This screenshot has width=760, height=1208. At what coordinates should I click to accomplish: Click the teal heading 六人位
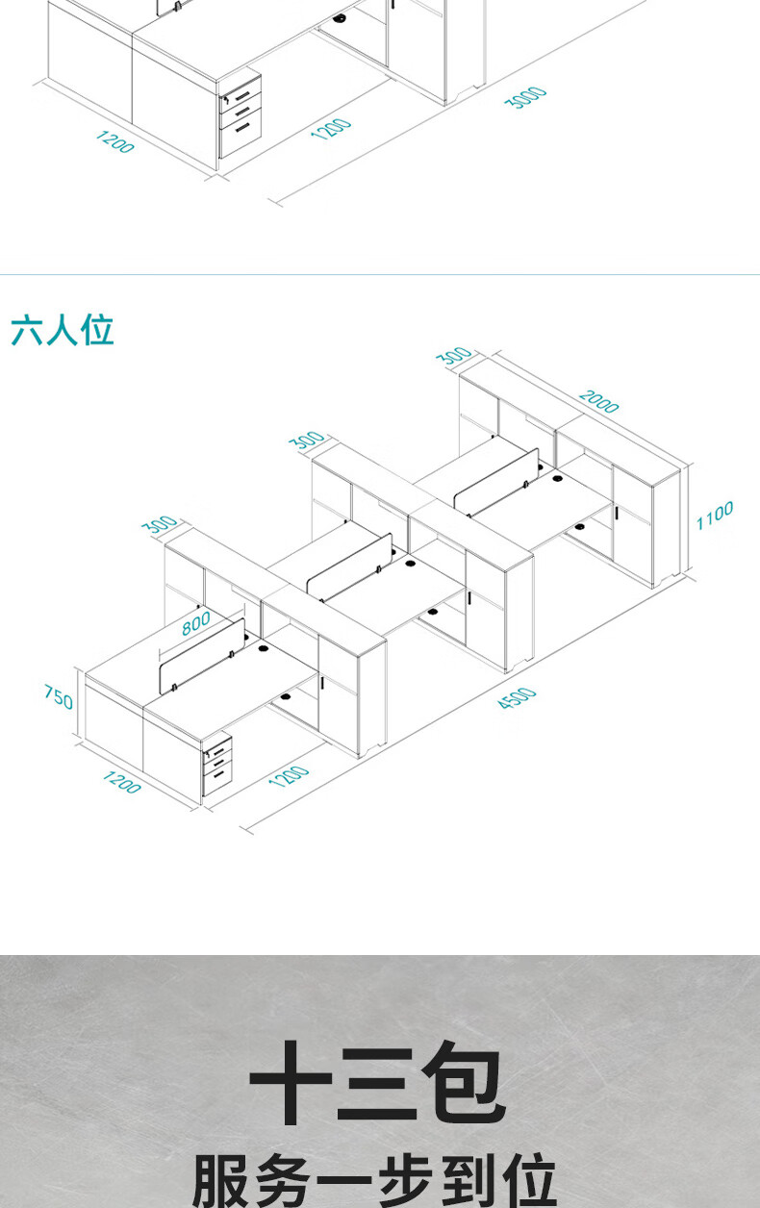click(63, 330)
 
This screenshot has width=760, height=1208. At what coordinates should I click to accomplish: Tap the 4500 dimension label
click(517, 699)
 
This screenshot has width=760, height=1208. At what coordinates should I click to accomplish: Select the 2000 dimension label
click(598, 401)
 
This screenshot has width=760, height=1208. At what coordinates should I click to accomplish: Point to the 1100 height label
click(715, 516)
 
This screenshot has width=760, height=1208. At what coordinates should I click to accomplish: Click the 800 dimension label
click(195, 623)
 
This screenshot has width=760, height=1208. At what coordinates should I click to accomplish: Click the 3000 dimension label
click(526, 97)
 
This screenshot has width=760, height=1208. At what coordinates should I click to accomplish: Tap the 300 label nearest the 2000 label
click(454, 356)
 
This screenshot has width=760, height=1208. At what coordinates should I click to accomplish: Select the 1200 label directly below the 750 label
click(121, 783)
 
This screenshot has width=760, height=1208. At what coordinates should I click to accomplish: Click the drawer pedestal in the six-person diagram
click(218, 766)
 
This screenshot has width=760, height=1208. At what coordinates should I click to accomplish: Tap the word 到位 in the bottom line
click(499, 1182)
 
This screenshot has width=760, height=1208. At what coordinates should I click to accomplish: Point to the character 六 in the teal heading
click(27, 330)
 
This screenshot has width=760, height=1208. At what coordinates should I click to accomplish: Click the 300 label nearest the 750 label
click(160, 525)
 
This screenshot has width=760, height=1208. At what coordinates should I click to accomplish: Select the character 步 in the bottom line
click(403, 1182)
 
